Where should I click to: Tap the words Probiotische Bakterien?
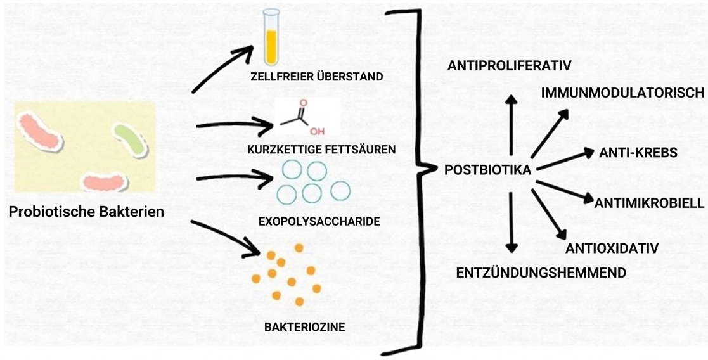coord(86,211)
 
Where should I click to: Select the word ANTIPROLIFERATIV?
coord(510,65)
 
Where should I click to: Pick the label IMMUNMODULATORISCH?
coord(622,93)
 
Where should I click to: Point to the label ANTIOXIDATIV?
coord(612,247)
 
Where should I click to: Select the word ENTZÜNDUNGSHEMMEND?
coord(541,273)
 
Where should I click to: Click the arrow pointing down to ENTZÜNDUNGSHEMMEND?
coord(512,222)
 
